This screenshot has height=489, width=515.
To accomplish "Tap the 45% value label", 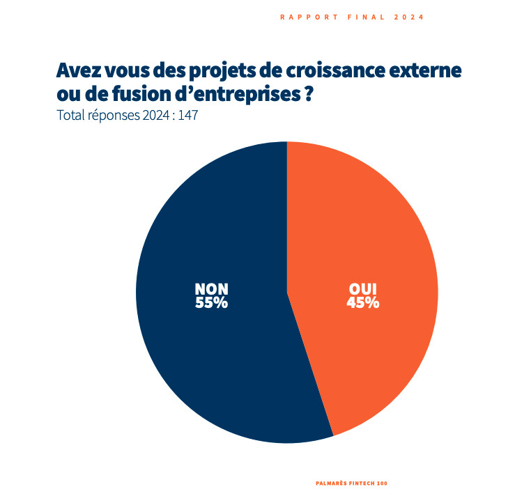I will [362, 302].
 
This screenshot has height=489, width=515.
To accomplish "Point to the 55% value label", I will [211, 302].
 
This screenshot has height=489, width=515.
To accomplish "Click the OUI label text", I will [362, 288].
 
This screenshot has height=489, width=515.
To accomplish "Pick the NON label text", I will [211, 288].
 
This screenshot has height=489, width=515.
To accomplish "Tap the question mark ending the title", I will [307, 93].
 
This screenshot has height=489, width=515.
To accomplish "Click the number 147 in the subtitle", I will [188, 115].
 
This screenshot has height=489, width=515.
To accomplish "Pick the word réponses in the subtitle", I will [114, 115].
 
